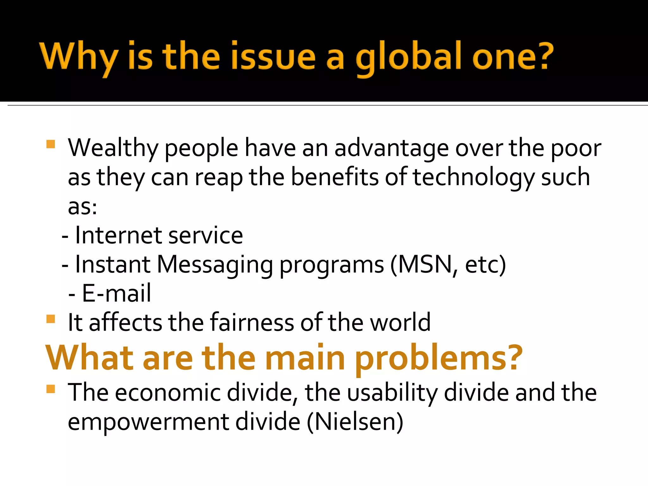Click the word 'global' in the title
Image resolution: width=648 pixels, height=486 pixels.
click(408, 57)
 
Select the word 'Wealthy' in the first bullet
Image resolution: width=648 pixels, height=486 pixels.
click(113, 148)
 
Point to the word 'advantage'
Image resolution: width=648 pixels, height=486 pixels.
click(391, 148)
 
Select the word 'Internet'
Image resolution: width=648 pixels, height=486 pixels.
click(118, 235)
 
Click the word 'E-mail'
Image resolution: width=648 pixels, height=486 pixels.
click(116, 293)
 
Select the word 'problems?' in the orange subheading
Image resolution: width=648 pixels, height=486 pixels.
click(439, 358)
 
